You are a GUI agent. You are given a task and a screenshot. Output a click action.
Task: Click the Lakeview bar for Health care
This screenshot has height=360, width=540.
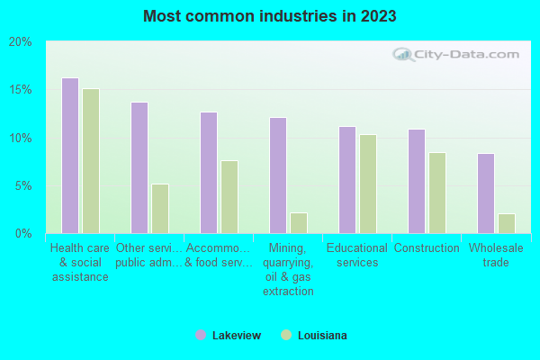pos(70,156)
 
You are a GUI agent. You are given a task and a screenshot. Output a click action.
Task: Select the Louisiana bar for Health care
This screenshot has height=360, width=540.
pos(91,161)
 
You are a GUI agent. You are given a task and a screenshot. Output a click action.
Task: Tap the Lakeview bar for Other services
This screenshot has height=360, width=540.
pos(139,167)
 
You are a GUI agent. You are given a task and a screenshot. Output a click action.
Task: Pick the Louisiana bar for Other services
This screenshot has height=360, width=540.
pos(160,209)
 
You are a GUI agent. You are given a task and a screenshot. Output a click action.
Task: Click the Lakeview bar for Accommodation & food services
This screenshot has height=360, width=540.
pos(209,173)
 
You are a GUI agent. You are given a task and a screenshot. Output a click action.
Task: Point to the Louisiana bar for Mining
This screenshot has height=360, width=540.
pos(299,223)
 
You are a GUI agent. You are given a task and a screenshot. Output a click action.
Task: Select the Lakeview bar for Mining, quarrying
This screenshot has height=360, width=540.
pos(278,175)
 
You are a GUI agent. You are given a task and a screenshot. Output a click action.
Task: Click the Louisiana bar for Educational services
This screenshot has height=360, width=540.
pos(368,184)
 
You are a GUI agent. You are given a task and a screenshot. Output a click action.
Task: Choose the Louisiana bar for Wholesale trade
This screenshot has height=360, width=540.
pos(507,223)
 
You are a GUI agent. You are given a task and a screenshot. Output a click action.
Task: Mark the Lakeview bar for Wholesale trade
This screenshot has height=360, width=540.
pos(486,193)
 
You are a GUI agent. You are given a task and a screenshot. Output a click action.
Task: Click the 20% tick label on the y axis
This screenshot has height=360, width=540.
pos(21,42)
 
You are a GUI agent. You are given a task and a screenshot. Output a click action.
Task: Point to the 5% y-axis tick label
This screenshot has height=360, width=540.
pos(23,186)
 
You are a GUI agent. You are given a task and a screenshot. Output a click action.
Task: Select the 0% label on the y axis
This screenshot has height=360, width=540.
pos(23,234)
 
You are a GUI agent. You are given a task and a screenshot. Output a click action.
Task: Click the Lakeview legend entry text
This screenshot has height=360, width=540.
pos(237,336)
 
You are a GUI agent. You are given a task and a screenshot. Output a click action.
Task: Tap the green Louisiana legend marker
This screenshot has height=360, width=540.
pos(286,336)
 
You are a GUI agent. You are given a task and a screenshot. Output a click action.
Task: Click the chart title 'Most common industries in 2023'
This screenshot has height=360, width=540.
pos(269,16)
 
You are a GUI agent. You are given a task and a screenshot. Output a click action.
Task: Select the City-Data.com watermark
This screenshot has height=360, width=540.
pos(459,54)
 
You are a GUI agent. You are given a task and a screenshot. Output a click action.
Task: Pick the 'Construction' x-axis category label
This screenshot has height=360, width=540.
pos(427,248)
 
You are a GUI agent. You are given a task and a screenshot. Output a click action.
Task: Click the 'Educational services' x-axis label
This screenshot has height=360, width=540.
pos(357,256)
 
